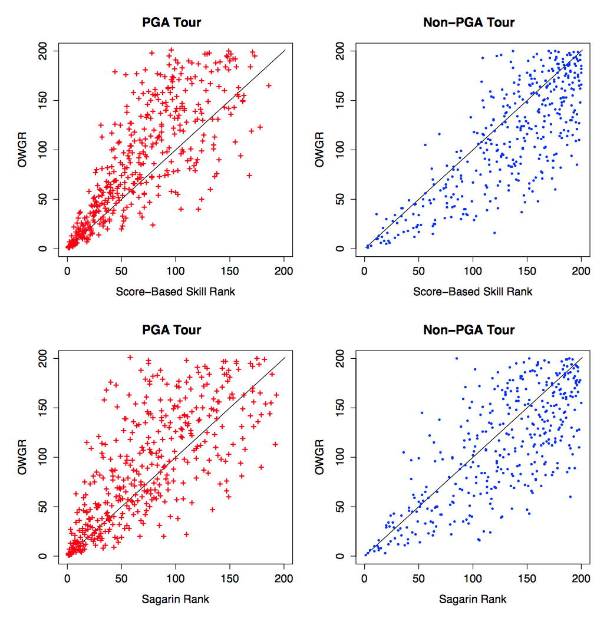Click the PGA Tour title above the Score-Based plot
171,23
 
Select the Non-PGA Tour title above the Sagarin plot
469,330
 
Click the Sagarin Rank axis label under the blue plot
473,599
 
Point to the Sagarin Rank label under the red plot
176,599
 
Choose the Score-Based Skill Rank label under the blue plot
473,292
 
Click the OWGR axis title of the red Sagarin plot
23,457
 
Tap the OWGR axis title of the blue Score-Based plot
320,150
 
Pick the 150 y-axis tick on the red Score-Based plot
42,100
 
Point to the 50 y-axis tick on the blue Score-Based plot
339,199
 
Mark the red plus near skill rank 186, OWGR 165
269,85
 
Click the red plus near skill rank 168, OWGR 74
249,175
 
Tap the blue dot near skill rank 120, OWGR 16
494,233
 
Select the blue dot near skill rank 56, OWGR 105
425,145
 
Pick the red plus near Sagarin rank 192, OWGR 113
275,444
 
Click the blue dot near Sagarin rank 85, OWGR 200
456,358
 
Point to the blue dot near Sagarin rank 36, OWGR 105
403,452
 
